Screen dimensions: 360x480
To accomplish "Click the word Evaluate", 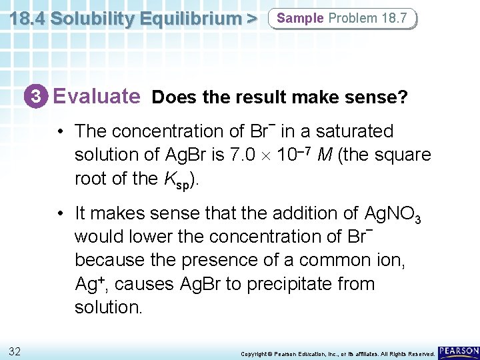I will click(x=97, y=97).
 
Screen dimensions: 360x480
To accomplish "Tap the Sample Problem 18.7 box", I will click(x=341, y=19).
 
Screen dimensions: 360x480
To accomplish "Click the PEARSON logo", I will click(x=459, y=351).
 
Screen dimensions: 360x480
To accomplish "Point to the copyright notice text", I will click(x=337, y=353).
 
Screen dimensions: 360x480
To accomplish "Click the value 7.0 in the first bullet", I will click(x=261, y=155).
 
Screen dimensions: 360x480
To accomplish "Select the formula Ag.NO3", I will click(x=393, y=214).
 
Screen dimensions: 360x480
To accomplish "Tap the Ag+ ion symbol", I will click(x=89, y=284).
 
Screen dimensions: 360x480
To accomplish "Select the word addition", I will click(x=318, y=213).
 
